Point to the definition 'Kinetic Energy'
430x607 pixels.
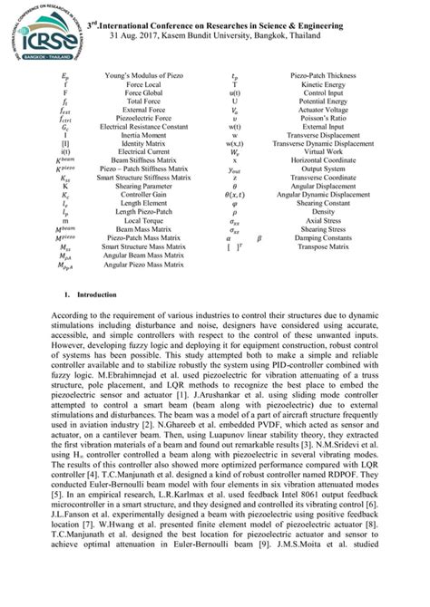point(325,90)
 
